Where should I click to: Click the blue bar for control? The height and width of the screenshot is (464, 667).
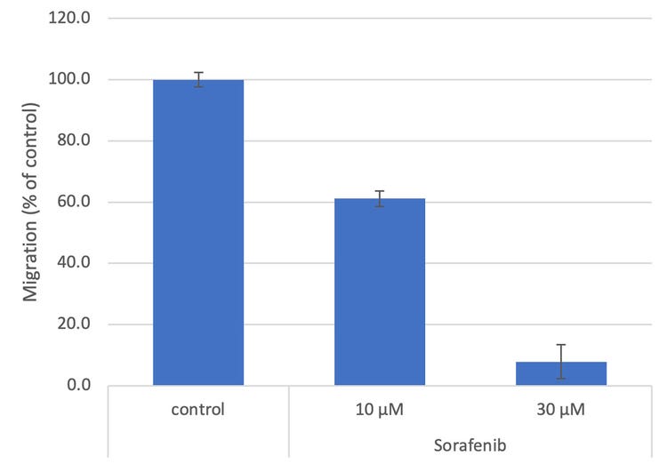(x=197, y=233)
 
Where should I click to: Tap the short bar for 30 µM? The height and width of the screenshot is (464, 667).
(x=561, y=373)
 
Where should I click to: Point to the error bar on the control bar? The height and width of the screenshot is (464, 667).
(x=198, y=79)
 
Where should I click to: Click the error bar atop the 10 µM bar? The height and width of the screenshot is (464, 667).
(x=380, y=198)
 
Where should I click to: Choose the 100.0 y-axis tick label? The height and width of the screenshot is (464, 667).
(x=70, y=80)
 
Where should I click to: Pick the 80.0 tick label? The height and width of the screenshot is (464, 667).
(x=74, y=141)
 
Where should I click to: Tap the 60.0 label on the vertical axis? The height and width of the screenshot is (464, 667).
(x=74, y=202)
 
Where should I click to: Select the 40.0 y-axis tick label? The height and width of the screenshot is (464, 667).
(x=74, y=263)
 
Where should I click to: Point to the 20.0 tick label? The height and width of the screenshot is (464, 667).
(x=74, y=324)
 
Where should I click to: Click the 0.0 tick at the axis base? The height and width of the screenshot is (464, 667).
(x=77, y=386)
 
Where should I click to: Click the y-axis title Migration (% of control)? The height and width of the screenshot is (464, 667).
(x=31, y=202)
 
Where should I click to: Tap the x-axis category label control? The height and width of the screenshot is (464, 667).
(x=198, y=411)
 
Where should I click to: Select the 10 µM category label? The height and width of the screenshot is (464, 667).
(x=380, y=411)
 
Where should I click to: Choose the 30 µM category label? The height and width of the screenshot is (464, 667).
(x=561, y=411)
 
